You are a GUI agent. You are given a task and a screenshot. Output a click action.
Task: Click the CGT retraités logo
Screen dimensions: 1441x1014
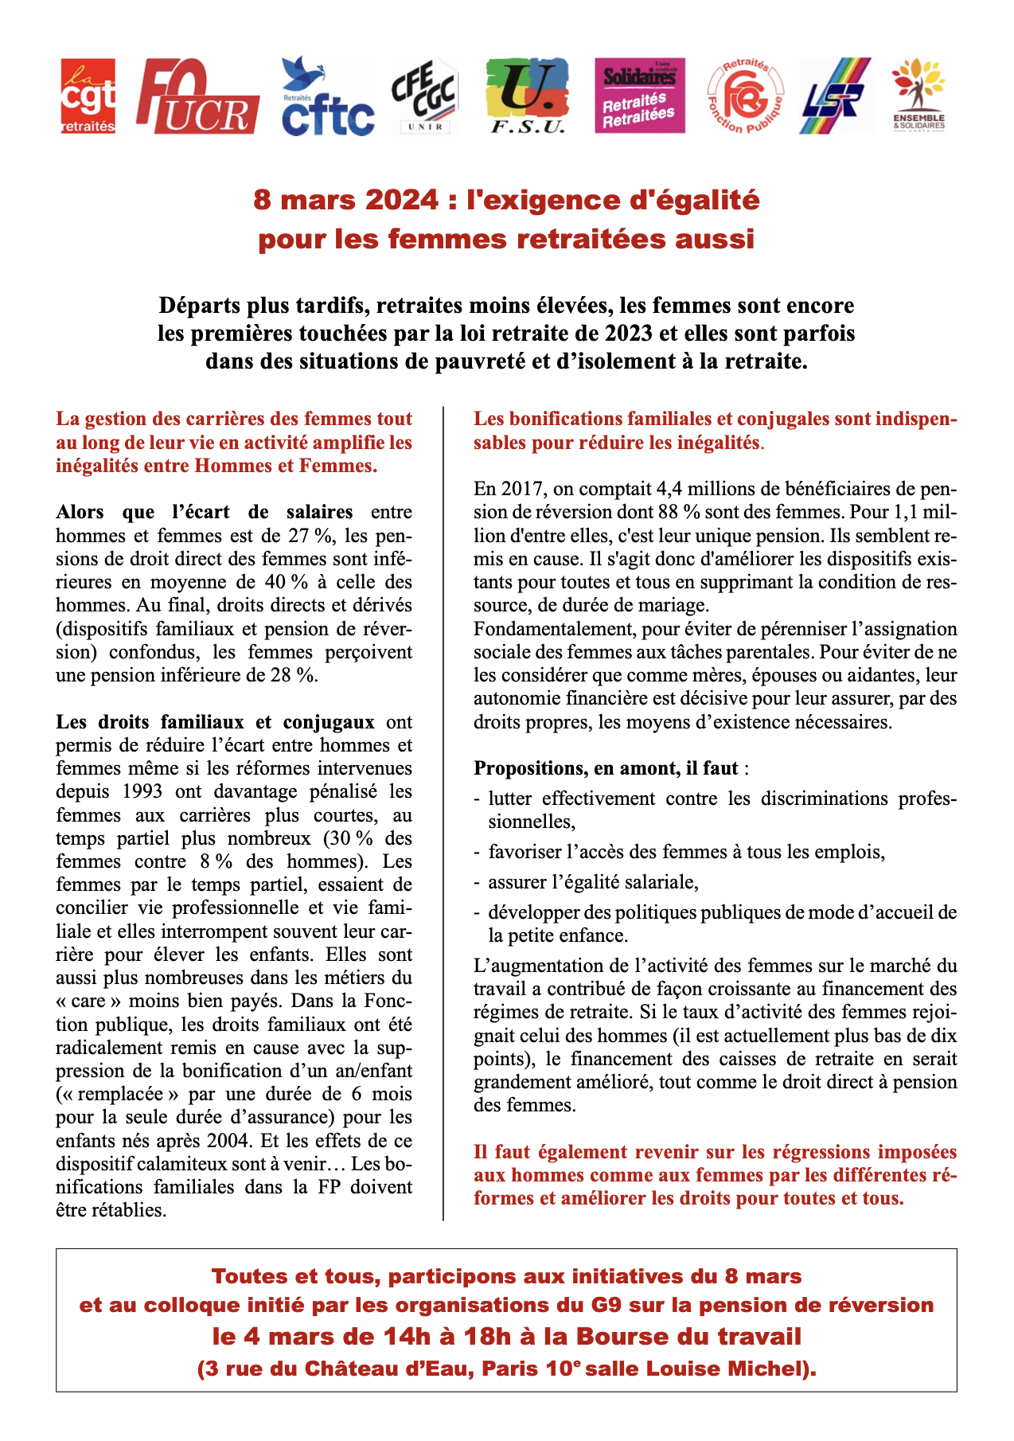click(88, 96)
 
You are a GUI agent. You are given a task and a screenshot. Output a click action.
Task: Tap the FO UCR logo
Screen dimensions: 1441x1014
click(197, 96)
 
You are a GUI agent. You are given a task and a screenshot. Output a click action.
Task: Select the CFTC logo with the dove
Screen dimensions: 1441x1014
click(328, 96)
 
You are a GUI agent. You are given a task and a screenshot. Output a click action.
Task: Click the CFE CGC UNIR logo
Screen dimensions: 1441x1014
click(424, 96)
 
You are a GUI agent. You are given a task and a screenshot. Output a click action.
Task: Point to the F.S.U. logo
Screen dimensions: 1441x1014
click(527, 96)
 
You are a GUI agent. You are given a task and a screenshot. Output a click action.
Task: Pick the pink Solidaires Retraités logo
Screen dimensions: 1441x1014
click(639, 96)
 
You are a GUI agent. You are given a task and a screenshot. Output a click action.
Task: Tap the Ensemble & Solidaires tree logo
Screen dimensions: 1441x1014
click(918, 96)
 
